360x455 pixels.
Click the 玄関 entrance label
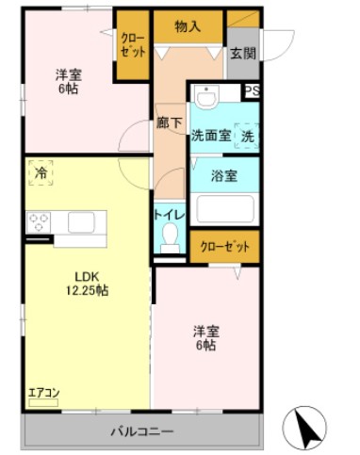pos(242,53)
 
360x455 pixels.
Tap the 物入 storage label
pos(188,26)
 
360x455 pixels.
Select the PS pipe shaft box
pos(252,91)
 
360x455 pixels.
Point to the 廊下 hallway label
pos(169,122)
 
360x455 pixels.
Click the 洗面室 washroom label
pos(211,135)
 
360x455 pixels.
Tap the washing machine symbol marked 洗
pos(247,135)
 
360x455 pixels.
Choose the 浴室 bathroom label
pos(223,175)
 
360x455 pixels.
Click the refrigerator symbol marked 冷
pos(41,173)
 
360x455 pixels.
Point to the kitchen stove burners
pos(39,223)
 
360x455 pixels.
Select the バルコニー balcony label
pos(141,431)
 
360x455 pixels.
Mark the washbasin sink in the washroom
pos(205,98)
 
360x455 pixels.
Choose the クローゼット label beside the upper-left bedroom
pos(131,44)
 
